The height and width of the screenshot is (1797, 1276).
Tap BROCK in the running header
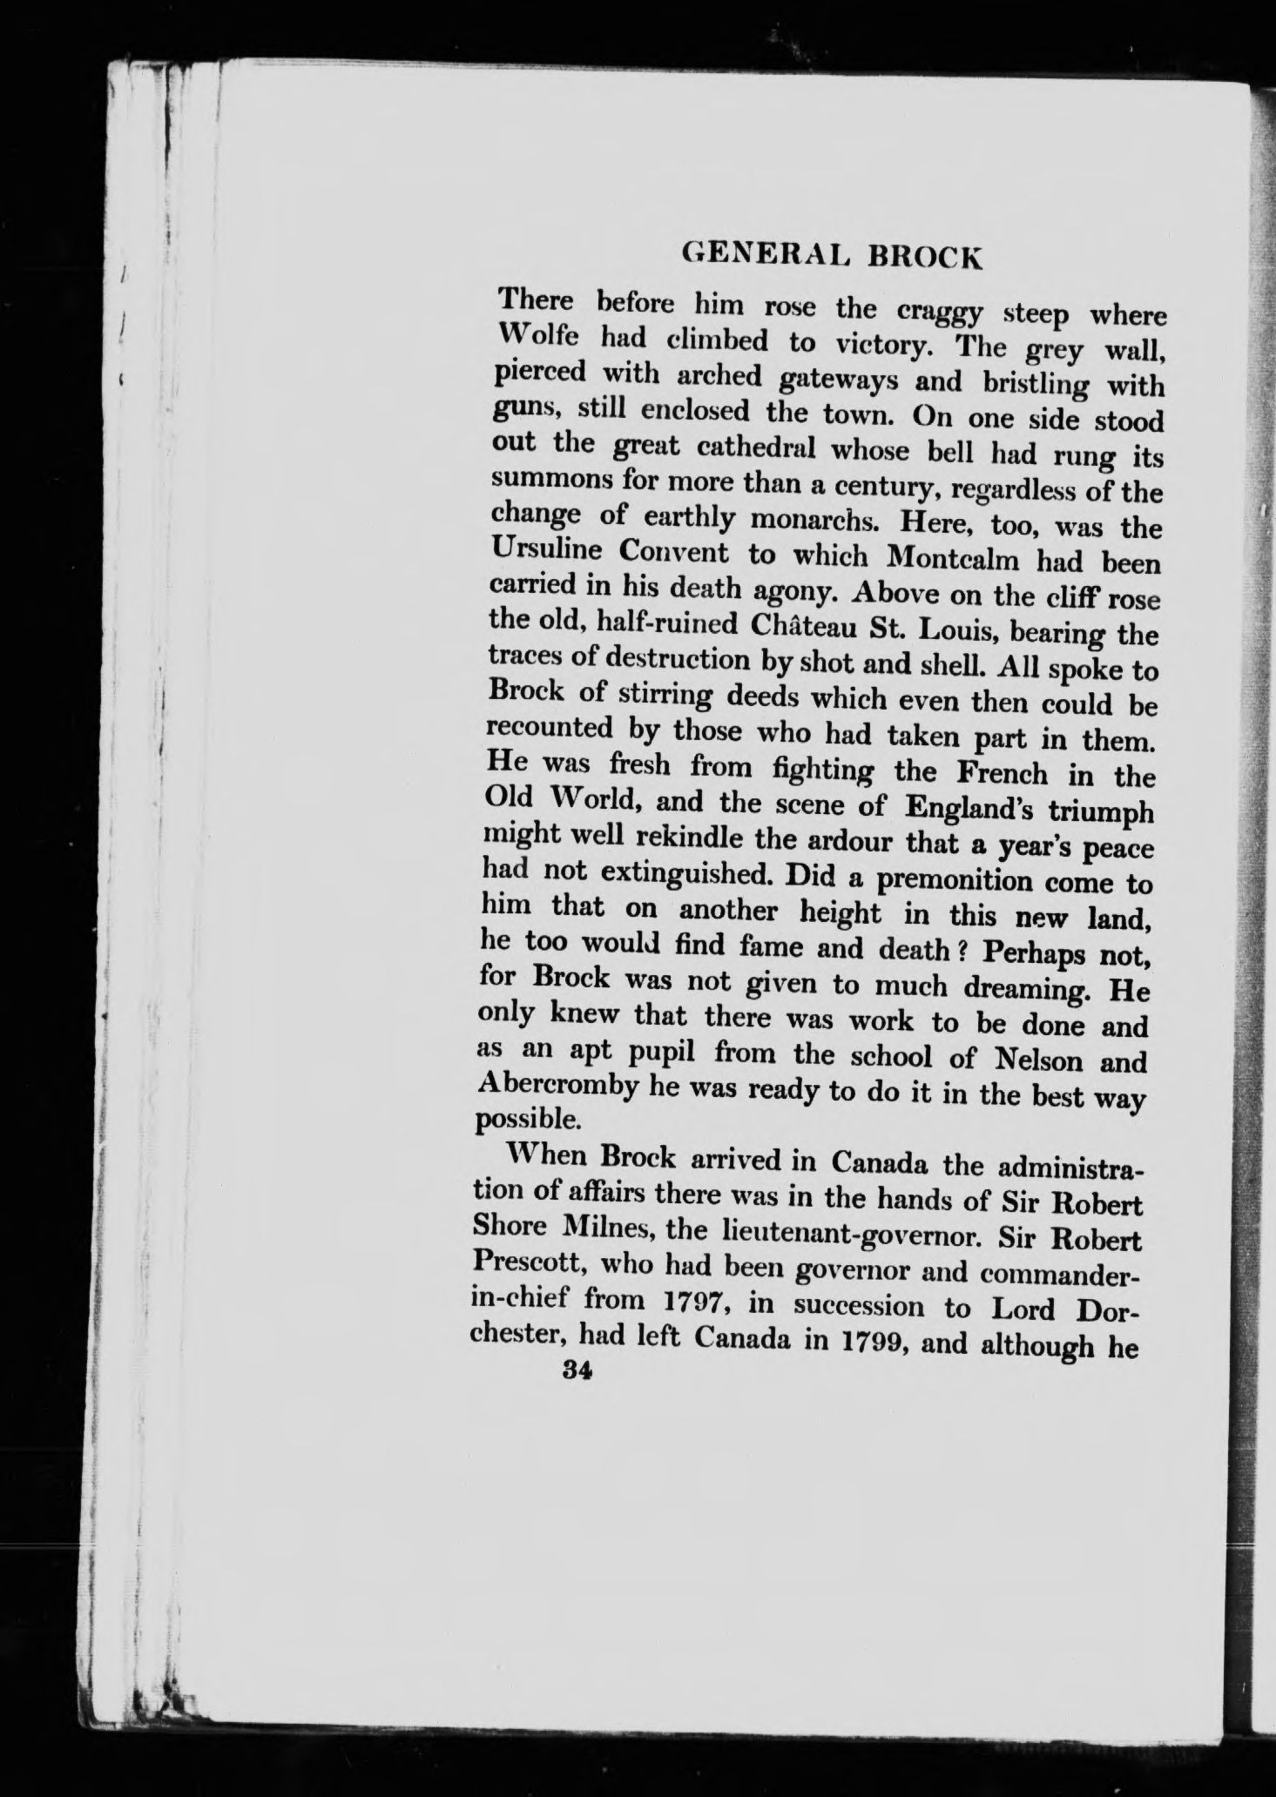click(x=922, y=257)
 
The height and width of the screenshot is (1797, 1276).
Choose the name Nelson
click(x=1028, y=1060)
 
